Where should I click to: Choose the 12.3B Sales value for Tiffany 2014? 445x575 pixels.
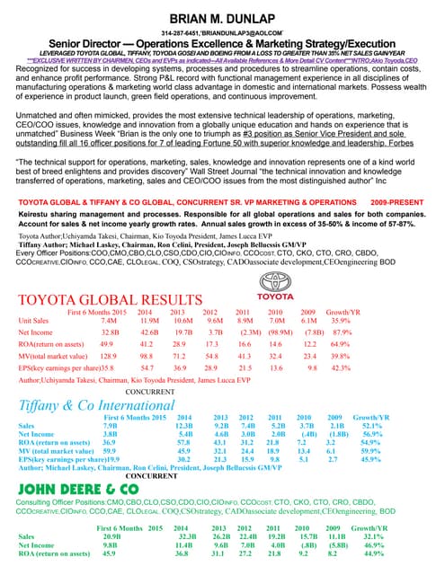[x=186, y=428]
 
